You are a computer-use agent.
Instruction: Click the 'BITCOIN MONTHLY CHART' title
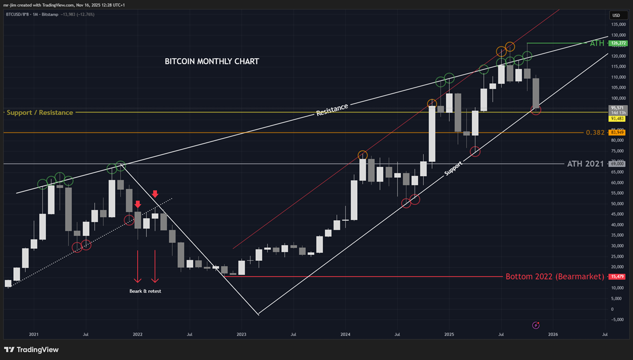click(x=212, y=62)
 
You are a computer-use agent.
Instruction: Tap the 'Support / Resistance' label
click(x=40, y=112)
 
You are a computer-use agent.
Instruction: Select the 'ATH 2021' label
click(x=585, y=163)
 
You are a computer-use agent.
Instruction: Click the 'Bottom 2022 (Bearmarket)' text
click(x=554, y=276)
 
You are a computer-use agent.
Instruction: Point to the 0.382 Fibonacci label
click(x=595, y=133)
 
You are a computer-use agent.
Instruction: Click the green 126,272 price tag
click(x=618, y=43)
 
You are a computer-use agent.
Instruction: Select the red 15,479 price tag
click(x=618, y=276)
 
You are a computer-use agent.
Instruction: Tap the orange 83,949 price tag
click(x=618, y=133)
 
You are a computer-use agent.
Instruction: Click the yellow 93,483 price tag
click(x=617, y=118)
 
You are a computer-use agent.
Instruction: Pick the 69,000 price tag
click(x=618, y=163)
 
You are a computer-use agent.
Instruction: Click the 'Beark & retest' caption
click(x=145, y=291)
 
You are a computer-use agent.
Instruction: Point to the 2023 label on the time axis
click(x=241, y=334)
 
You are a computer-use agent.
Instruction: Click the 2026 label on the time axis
click(x=553, y=334)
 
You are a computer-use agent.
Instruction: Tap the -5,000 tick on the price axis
click(x=618, y=319)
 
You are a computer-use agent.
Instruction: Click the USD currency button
click(x=616, y=15)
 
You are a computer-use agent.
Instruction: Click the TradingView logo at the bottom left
click(x=31, y=350)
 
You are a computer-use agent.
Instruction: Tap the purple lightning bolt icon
click(x=536, y=325)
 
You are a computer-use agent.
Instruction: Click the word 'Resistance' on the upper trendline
click(x=332, y=109)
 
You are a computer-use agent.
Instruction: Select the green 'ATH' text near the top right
click(x=597, y=43)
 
